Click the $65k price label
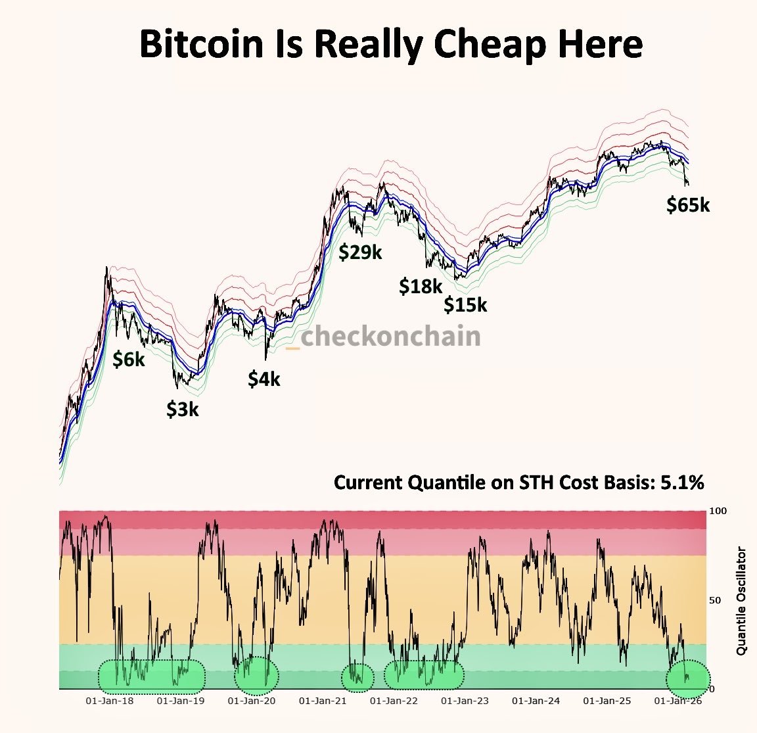(688, 205)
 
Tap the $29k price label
(360, 252)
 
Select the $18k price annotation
(421, 286)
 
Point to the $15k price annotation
(465, 305)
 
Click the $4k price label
(264, 379)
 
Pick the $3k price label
(182, 409)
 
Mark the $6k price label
(129, 359)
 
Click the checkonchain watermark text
(390, 337)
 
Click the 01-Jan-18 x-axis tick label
(110, 701)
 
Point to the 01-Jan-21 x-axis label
(322, 701)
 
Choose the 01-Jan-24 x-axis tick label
(536, 701)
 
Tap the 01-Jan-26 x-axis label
(678, 701)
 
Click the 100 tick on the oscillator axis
(718, 511)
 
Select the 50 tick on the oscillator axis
(715, 600)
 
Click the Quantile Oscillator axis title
(742, 600)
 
